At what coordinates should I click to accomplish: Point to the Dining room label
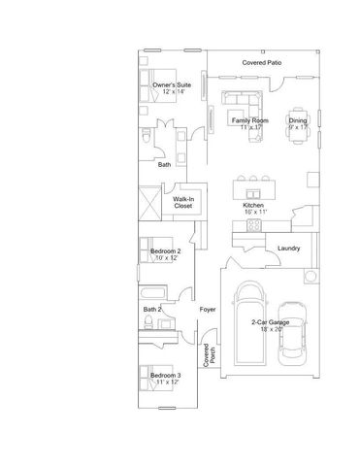tap(298, 119)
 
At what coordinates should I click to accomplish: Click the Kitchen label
tap(253, 205)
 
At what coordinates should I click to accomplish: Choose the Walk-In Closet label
tap(183, 202)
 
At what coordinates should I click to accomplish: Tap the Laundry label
tap(288, 248)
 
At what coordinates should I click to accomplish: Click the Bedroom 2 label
tap(166, 251)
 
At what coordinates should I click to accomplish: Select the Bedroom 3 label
tap(165, 374)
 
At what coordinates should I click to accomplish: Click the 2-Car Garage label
tap(270, 322)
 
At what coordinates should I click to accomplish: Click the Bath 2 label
tap(152, 309)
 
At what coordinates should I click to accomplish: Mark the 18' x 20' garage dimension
tap(270, 329)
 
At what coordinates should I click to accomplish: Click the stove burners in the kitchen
tap(254, 225)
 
